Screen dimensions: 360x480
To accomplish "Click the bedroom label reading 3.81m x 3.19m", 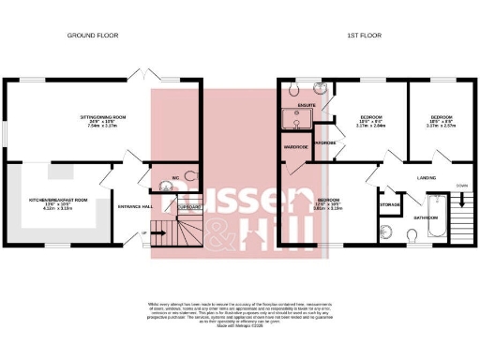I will coord(329,203).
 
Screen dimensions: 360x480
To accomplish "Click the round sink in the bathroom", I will coord(387,232).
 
